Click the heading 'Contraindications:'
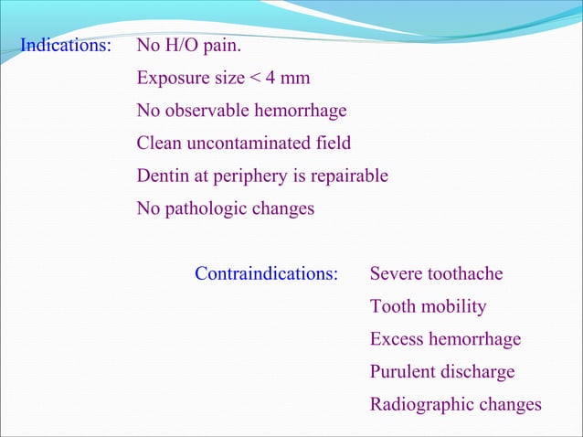[x=266, y=273]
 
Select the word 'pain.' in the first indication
[x=223, y=45]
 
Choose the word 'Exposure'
[x=170, y=78]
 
